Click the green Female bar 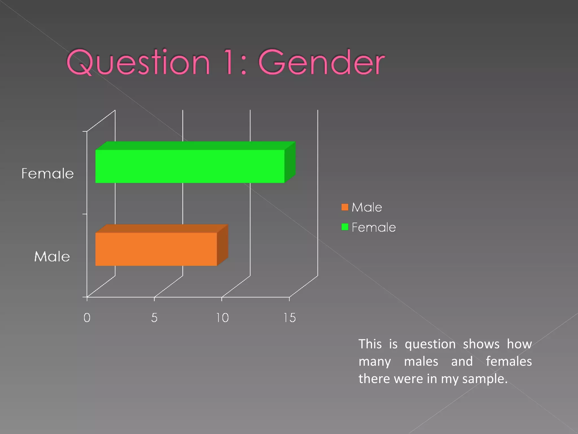coord(190,166)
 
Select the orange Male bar coord(156,249)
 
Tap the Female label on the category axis coord(47,173)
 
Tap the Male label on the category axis coord(52,257)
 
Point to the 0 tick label coord(87,318)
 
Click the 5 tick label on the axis coord(154,318)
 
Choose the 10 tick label coord(222,318)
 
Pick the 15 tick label coord(290,318)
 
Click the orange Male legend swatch coord(345,207)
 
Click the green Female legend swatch coord(345,227)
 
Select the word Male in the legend coord(367,207)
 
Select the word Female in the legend coord(374,227)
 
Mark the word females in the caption coord(509,361)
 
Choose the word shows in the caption coord(481,344)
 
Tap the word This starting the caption coord(370,344)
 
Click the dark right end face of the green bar coord(290,162)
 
